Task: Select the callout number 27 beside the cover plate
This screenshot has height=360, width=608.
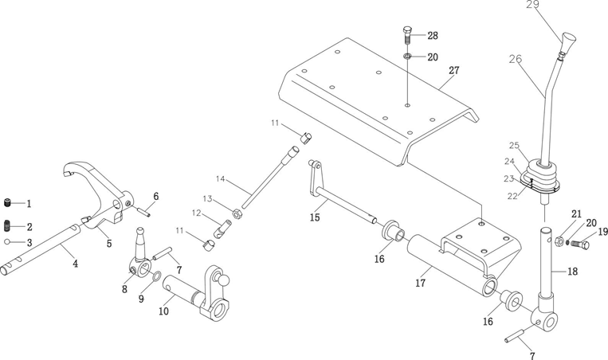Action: tap(453, 70)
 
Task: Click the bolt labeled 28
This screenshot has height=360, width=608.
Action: tap(406, 36)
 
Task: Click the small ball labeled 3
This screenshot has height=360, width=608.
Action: tap(6, 241)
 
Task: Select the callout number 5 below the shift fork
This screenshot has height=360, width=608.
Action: tap(109, 243)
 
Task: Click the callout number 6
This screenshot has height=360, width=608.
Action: tap(156, 196)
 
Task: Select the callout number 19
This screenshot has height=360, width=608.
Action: tap(602, 233)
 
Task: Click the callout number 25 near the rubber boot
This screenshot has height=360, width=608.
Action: tap(514, 146)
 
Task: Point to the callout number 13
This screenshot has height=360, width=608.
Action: tap(208, 198)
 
